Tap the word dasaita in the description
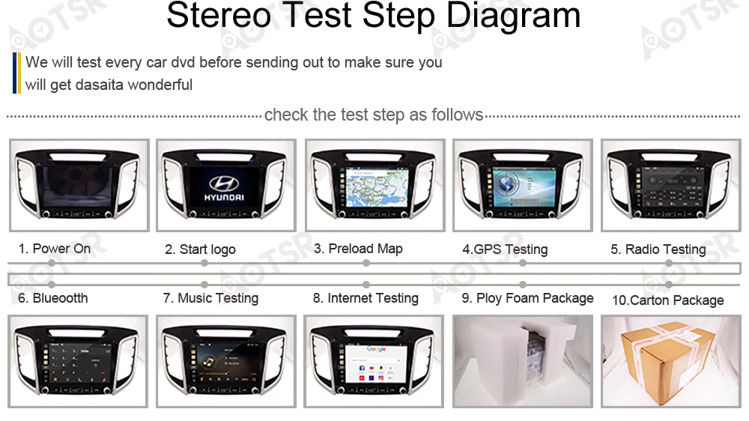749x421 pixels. pyautogui.click(x=100, y=85)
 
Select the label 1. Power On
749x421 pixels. pyautogui.click(x=55, y=249)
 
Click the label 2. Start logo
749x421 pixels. pyautogui.click(x=200, y=249)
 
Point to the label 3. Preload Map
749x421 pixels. pyautogui.click(x=358, y=249)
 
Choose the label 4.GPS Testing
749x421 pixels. pyautogui.click(x=505, y=249)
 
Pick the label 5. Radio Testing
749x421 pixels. pyautogui.click(x=658, y=249)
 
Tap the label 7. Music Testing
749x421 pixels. pyautogui.click(x=210, y=298)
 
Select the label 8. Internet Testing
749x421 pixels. pyautogui.click(x=366, y=298)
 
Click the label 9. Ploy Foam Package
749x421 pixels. pyautogui.click(x=527, y=298)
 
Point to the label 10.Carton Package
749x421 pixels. pyautogui.click(x=667, y=300)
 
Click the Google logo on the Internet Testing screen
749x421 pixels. pyautogui.click(x=376, y=349)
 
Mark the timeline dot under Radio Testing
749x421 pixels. pyautogui.click(x=669, y=263)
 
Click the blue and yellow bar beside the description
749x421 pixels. pyautogui.click(x=16, y=73)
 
